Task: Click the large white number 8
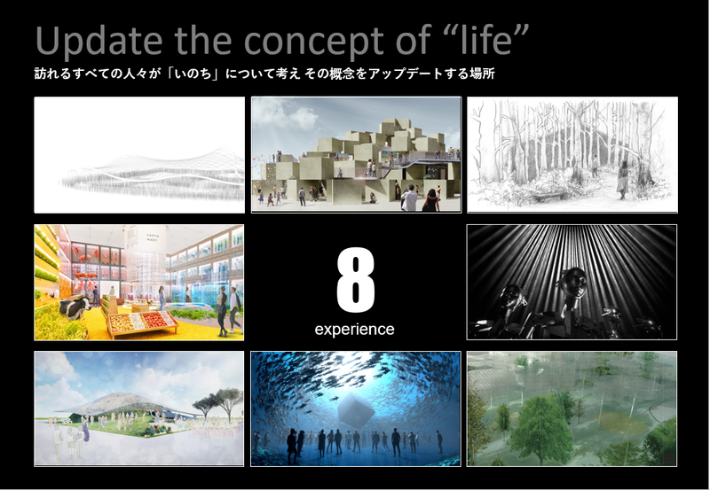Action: [x=356, y=280]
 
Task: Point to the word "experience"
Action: [x=354, y=329]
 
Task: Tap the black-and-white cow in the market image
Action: [x=75, y=307]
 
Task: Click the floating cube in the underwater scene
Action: [x=357, y=410]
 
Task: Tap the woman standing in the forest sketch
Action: [x=623, y=181]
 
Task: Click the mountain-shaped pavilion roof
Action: [x=122, y=402]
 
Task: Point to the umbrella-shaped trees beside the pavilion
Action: [x=219, y=401]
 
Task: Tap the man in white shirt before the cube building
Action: [x=409, y=198]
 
